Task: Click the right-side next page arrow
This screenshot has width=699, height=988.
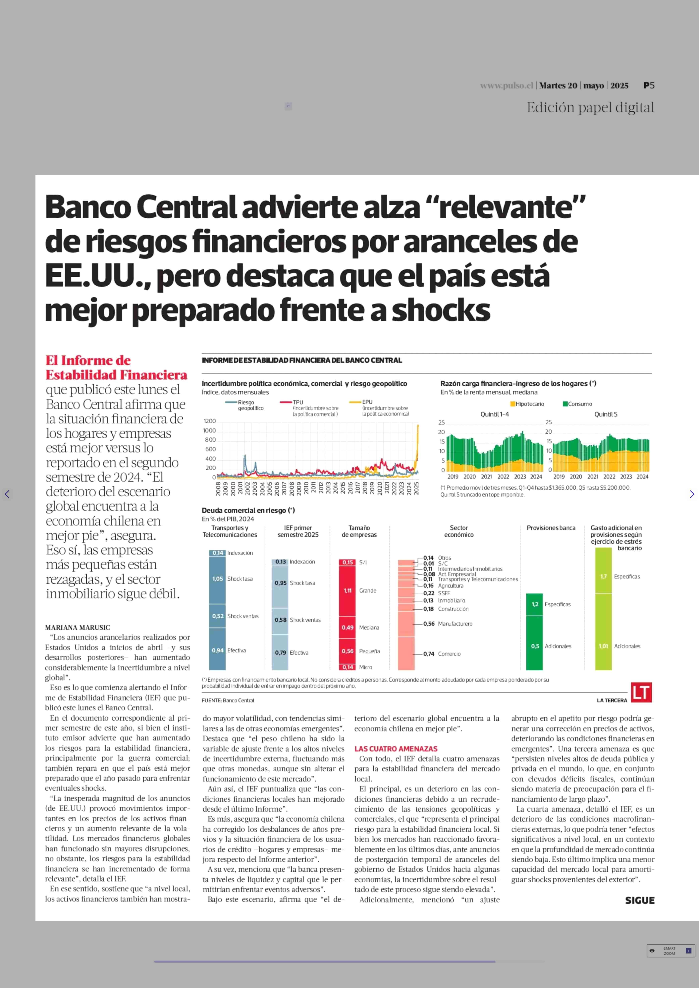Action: [x=692, y=494]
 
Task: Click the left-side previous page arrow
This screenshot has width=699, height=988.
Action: [x=7, y=494]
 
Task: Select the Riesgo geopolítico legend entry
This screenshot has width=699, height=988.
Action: [x=245, y=405]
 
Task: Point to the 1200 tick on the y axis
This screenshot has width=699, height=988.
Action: [x=210, y=421]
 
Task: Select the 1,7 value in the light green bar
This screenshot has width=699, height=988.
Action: [x=603, y=576]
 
